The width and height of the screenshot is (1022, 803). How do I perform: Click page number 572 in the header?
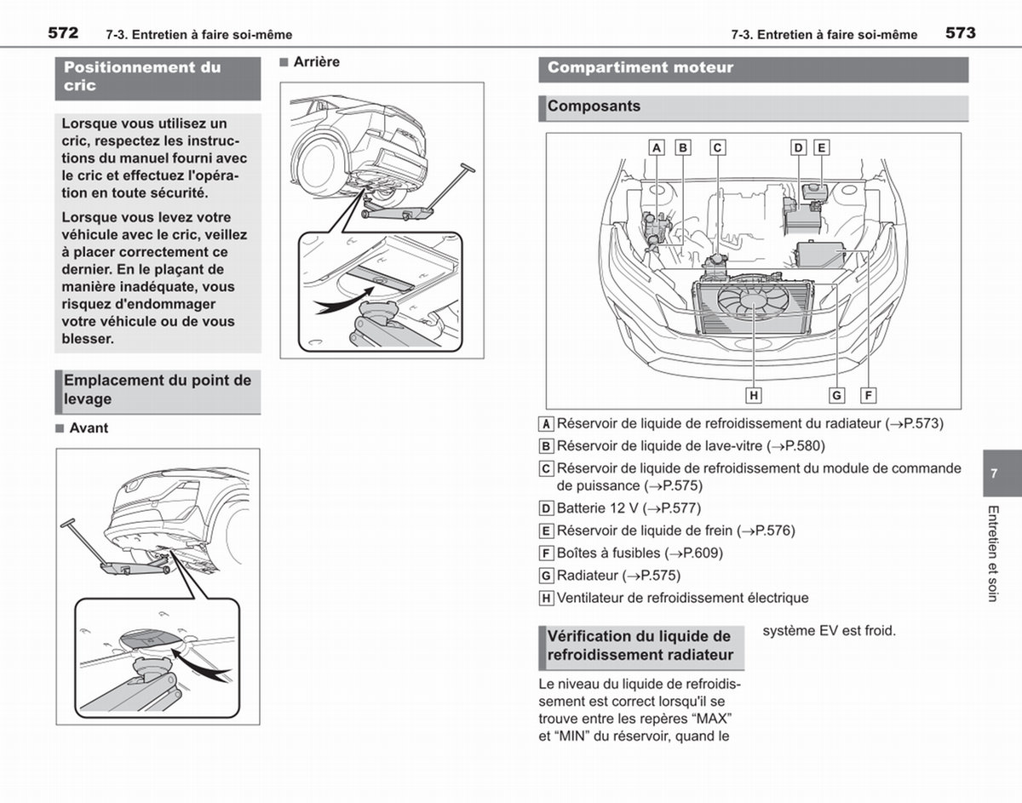point(63,33)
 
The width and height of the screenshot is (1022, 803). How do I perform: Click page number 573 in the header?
point(961,33)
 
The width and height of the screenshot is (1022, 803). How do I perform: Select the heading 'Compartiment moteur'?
point(640,67)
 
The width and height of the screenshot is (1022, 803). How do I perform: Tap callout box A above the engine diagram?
point(657,147)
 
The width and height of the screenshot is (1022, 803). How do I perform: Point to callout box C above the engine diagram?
point(718,147)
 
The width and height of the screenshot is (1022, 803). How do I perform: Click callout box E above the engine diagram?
point(821,147)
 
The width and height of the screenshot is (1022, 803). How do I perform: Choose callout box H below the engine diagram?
point(754,395)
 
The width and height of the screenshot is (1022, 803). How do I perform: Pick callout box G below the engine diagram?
point(836,395)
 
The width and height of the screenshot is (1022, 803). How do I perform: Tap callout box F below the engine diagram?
point(868,395)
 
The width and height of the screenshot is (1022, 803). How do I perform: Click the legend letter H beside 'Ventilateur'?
point(546,598)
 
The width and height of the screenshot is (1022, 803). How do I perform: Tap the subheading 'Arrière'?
point(317,61)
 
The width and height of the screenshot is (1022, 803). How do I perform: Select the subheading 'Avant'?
point(89,427)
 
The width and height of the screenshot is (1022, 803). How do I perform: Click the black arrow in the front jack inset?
point(200,664)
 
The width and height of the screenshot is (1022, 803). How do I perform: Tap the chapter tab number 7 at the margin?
point(994,473)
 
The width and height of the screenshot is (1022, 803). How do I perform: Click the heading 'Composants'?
point(594,106)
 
